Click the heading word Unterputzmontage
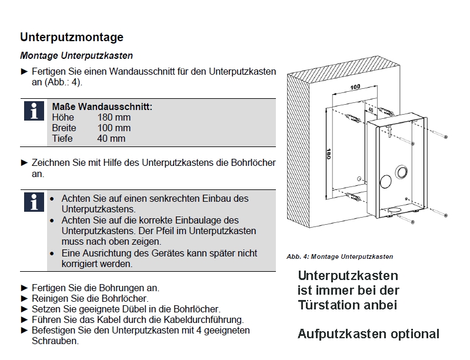[72, 37]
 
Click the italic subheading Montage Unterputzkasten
[76, 56]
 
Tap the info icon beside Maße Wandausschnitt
[33, 110]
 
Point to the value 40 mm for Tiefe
[111, 139]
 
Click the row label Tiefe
[62, 139]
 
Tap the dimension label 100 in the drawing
[355, 87]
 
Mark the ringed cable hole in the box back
[402, 172]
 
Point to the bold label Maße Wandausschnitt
[102, 107]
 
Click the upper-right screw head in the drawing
[445, 136]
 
